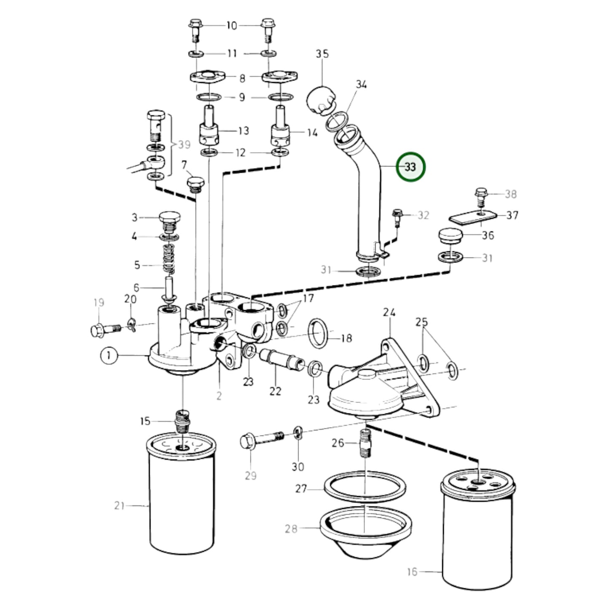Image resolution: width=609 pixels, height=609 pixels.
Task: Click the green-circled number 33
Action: pos(411,166)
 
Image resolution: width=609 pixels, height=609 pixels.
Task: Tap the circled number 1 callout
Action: pos(109,356)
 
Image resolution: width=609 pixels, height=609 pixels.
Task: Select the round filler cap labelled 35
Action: pos(320,100)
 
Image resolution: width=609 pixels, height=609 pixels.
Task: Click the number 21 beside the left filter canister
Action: pos(120,506)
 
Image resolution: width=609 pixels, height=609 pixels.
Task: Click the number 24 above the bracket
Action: pos(389,312)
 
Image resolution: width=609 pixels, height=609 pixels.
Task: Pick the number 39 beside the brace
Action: pos(185,145)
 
